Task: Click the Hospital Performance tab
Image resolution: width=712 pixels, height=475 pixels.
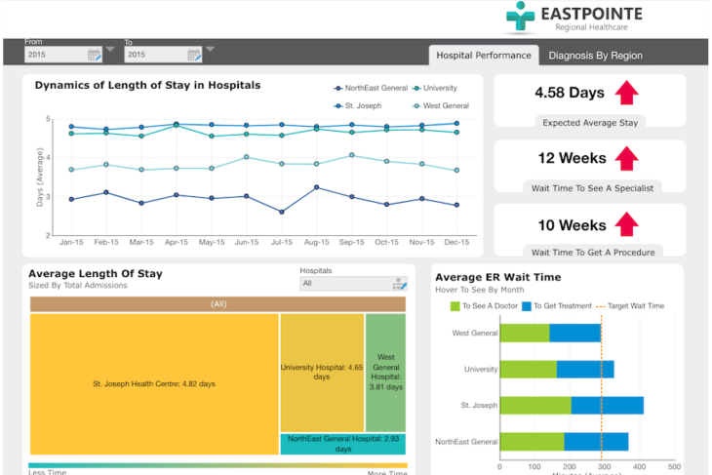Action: click(x=483, y=56)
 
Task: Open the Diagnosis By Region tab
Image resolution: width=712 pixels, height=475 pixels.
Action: click(x=595, y=56)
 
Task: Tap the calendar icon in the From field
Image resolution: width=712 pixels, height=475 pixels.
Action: click(x=94, y=55)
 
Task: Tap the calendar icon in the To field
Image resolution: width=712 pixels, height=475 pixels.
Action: click(x=193, y=55)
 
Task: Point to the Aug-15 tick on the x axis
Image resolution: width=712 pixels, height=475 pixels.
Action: click(x=317, y=241)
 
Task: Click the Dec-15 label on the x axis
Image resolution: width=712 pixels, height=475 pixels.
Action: click(x=456, y=241)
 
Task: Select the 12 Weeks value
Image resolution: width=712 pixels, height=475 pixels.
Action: click(x=572, y=158)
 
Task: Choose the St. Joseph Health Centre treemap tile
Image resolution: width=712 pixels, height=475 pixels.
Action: click(x=154, y=383)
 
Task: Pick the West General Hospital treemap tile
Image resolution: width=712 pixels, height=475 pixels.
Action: click(x=385, y=372)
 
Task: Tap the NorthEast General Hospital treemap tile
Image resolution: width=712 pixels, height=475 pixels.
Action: click(x=342, y=444)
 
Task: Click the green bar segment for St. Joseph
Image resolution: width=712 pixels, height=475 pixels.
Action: click(x=535, y=405)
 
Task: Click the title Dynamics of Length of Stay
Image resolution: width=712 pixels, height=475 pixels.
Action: click(x=147, y=85)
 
